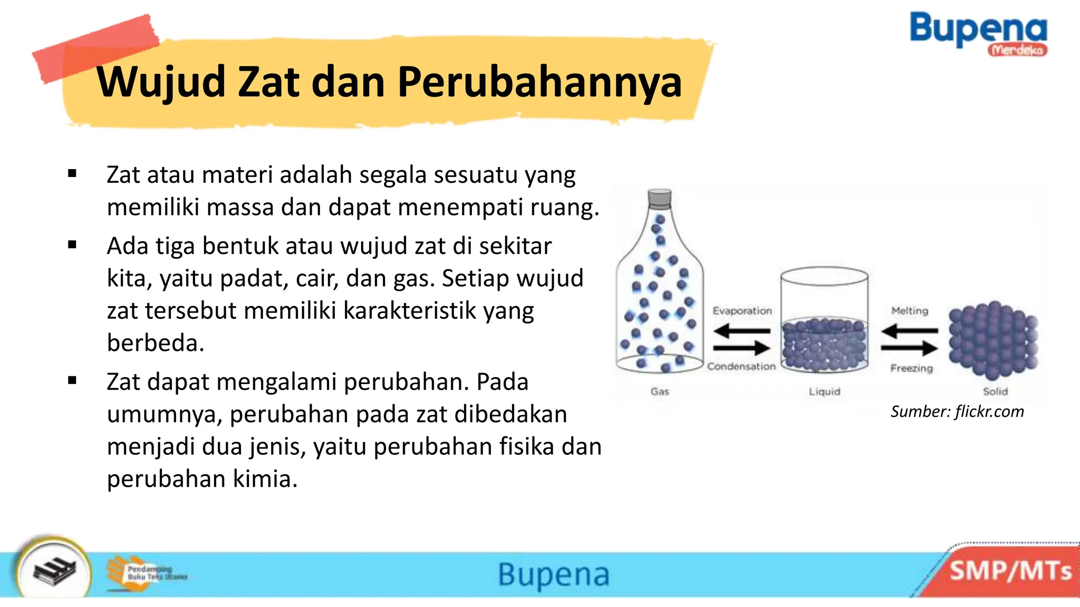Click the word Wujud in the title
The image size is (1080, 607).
[x=161, y=83]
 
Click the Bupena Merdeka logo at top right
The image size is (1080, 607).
[x=978, y=33]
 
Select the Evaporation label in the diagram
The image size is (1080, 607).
[x=742, y=311]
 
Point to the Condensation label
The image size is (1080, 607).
[x=741, y=366]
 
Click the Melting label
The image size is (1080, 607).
[x=910, y=311]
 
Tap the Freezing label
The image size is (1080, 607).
[x=911, y=368]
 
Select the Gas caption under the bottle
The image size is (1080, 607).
[x=660, y=391]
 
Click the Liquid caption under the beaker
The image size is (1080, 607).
[x=824, y=391]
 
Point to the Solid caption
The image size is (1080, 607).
[x=995, y=391]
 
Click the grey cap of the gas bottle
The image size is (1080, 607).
[x=660, y=199]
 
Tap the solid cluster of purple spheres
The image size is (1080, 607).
[x=992, y=340]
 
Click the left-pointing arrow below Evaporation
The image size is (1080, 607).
[x=741, y=331]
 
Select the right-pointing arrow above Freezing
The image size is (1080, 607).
[x=909, y=348]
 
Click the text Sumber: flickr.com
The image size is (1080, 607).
[x=957, y=412]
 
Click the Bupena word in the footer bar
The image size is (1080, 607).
[x=554, y=574]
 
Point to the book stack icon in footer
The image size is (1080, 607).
[x=54, y=571]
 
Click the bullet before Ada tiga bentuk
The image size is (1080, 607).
[x=72, y=245]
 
